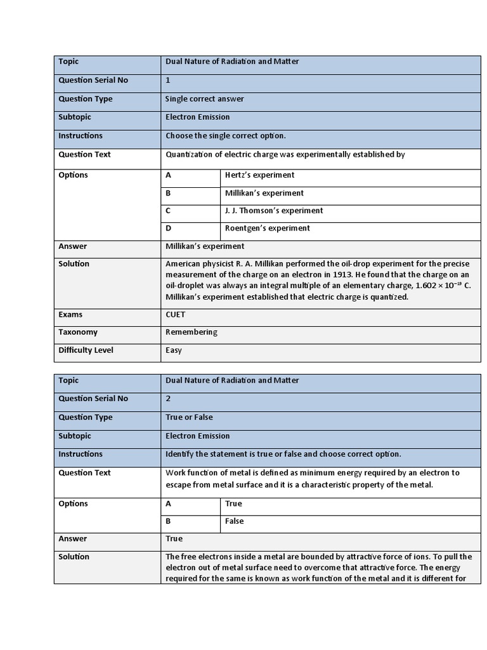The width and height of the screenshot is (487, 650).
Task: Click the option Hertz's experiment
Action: [259, 175]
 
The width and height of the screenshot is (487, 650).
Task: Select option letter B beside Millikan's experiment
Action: [169, 193]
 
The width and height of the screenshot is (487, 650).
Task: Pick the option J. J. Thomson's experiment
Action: [274, 211]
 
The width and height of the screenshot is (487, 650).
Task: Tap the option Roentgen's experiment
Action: [267, 229]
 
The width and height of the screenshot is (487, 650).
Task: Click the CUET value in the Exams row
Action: [176, 314]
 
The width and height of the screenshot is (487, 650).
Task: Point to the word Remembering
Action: [191, 332]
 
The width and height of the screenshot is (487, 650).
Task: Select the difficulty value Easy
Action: [174, 350]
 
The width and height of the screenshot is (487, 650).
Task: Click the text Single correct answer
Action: [204, 99]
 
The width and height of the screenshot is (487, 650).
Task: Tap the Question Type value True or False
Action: [189, 417]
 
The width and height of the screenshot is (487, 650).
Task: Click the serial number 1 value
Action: [168, 81]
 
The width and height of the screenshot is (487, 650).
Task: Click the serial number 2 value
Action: [168, 399]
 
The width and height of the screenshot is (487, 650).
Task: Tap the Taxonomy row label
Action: [77, 332]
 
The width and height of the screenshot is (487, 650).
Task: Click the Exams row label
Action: [70, 314]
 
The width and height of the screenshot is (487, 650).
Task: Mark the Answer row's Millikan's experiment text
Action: [204, 246]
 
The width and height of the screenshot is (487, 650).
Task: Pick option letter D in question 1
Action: [169, 229]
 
